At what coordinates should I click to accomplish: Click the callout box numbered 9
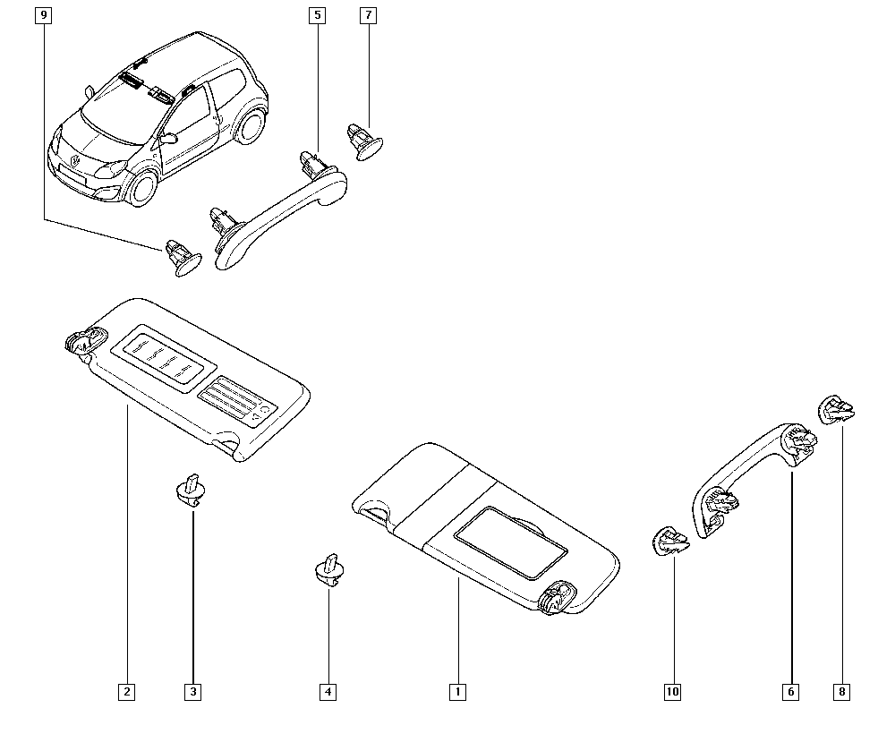click(x=43, y=15)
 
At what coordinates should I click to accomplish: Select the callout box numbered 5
click(x=318, y=15)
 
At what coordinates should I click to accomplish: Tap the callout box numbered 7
click(x=368, y=15)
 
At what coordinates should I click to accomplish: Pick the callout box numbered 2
click(x=127, y=692)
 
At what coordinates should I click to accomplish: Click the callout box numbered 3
click(x=193, y=692)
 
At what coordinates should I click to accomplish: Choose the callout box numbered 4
click(x=328, y=692)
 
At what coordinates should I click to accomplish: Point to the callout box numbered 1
click(x=457, y=692)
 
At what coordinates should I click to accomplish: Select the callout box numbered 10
click(x=673, y=692)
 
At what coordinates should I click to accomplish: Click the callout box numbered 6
click(x=791, y=692)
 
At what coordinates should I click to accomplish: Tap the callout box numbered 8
click(x=842, y=692)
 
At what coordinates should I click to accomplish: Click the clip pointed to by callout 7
click(x=365, y=142)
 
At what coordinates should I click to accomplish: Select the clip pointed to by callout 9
click(x=182, y=258)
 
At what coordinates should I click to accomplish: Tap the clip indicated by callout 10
click(x=669, y=541)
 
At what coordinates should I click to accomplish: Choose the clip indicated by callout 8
click(x=837, y=410)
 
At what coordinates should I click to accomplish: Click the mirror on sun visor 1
click(x=511, y=540)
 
